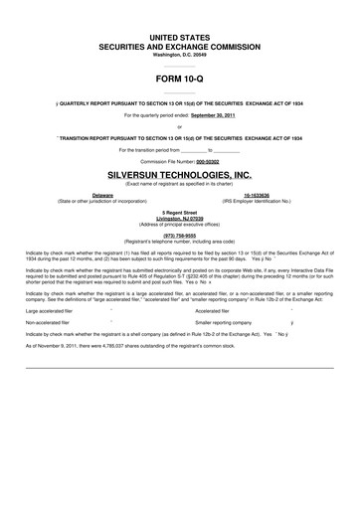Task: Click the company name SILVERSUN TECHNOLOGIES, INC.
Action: (180, 173)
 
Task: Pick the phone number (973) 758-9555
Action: (180, 236)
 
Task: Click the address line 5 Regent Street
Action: (180, 212)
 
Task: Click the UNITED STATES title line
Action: (180, 36)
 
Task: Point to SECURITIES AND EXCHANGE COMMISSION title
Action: (180, 46)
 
